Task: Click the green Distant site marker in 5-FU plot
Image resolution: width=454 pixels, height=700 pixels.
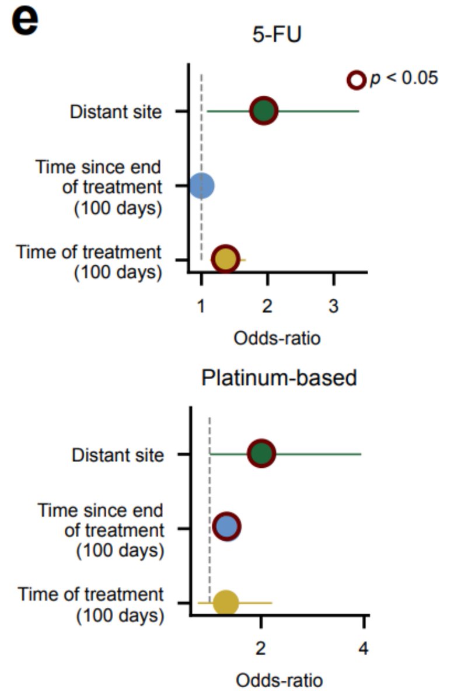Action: click(264, 111)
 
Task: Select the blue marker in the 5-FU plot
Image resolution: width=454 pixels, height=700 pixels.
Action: click(202, 185)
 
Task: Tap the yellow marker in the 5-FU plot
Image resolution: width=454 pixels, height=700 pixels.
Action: click(226, 258)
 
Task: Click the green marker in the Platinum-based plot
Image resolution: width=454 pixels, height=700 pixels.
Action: click(261, 454)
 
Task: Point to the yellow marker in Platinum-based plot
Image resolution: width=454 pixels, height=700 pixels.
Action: click(226, 602)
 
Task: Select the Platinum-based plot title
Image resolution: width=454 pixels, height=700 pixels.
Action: click(279, 378)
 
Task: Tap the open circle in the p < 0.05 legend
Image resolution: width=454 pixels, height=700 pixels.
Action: click(356, 80)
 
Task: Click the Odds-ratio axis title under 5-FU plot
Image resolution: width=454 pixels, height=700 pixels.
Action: click(277, 338)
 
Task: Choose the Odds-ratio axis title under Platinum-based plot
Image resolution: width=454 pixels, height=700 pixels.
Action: click(279, 680)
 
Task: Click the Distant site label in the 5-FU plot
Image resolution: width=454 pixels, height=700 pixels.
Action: click(116, 111)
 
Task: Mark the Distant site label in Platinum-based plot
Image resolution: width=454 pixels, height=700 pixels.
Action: click(118, 455)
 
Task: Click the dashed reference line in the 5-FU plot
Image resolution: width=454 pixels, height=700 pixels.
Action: click(201, 146)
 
